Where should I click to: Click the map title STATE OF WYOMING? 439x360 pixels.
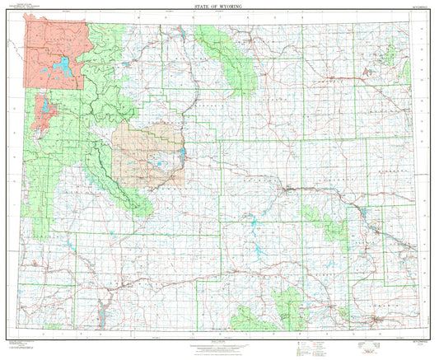(x=219, y=7)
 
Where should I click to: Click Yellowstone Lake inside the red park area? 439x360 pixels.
(x=60, y=66)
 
